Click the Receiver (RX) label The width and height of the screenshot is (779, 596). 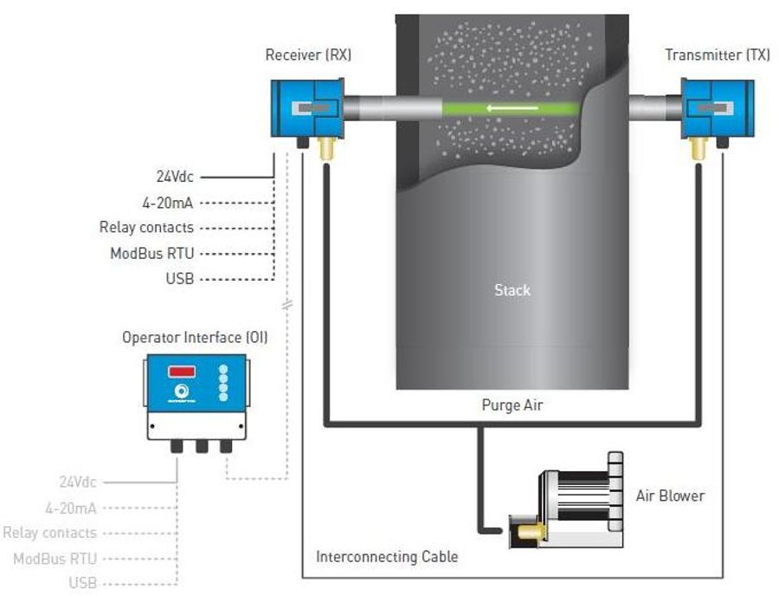coord(308,55)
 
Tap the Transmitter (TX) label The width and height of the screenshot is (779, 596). coord(717,55)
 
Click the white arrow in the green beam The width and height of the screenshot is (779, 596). coord(507,109)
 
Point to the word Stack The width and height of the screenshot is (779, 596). coord(512,290)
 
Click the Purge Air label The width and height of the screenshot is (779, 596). coord(512,405)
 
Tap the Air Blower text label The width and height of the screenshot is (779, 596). coord(670,496)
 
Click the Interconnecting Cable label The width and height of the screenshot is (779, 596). coord(387,557)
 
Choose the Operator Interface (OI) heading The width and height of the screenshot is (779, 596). coord(195,337)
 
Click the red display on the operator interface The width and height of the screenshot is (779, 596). coord(181,372)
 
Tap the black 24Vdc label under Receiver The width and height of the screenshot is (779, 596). coord(175,179)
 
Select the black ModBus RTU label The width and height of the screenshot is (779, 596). coord(151,254)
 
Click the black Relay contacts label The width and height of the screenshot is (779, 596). coord(146,228)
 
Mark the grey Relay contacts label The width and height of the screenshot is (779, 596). coord(49,533)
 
